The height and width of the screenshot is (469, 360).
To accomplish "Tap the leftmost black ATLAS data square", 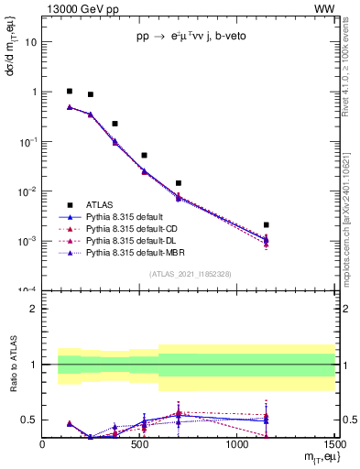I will click(70, 92).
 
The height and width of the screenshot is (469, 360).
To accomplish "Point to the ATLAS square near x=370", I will click(115, 124).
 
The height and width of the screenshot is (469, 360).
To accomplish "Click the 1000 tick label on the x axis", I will click(236, 445).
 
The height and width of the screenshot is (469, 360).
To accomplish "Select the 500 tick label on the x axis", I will click(140, 445).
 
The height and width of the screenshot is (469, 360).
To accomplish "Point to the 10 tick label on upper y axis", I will click(31, 42).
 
